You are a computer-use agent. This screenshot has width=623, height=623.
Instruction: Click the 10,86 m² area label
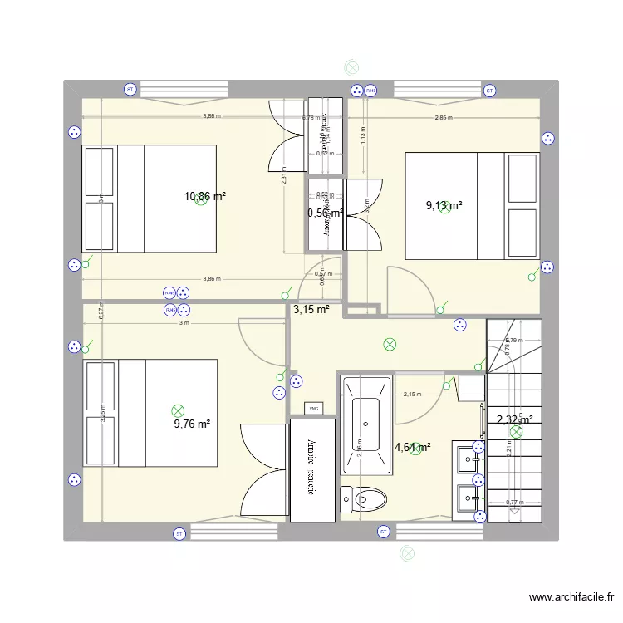coord(205,197)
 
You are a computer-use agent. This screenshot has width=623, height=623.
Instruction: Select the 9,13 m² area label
coord(444,206)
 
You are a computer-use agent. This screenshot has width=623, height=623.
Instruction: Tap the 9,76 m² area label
coord(192,423)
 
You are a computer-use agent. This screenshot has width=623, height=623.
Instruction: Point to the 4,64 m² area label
coord(413,448)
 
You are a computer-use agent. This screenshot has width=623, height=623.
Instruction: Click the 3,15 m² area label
coord(311,310)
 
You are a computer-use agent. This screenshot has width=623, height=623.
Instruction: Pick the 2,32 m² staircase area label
coord(514,420)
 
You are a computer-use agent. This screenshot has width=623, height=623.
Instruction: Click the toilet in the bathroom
coord(365,498)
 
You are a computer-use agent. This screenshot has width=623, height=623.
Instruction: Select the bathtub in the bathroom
coord(365,426)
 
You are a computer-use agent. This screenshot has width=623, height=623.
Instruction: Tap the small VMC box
coord(314,408)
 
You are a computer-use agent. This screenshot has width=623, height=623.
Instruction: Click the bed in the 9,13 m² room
coord(472,206)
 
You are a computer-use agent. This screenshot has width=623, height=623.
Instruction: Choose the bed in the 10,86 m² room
coord(149,198)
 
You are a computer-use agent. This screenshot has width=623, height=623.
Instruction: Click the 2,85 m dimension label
coord(444,118)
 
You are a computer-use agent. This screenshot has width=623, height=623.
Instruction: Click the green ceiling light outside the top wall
coord(351,69)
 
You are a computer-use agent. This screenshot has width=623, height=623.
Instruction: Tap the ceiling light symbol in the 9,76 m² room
coord(176,410)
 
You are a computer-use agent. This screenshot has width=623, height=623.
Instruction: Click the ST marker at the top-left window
coord(130,90)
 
